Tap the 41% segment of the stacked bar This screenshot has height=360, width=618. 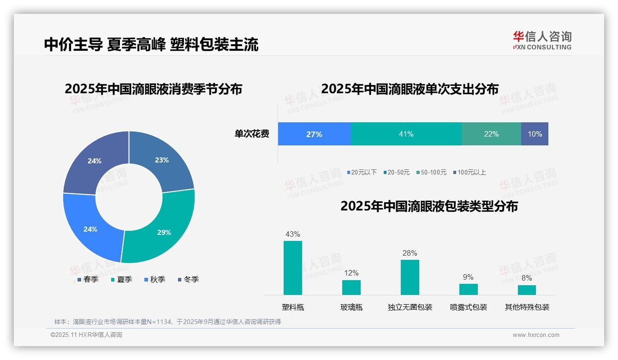(x=406, y=134)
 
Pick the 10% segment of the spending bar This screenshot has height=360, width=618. (x=535, y=134)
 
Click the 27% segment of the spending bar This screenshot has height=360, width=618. (x=314, y=134)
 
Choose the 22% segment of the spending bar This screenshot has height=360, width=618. (x=491, y=134)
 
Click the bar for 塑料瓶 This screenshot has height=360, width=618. (x=293, y=268)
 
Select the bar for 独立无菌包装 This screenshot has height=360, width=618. (x=410, y=277)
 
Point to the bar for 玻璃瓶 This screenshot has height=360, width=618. (x=351, y=287)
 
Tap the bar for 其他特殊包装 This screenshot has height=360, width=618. (x=527, y=290)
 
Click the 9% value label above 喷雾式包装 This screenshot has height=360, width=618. (x=468, y=277)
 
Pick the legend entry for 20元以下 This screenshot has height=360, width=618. (x=362, y=172)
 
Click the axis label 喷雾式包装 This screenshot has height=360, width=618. (x=468, y=307)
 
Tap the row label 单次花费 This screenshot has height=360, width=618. (x=252, y=134)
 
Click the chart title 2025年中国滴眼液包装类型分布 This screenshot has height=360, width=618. (x=429, y=206)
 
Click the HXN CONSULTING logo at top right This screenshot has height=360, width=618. (x=542, y=40)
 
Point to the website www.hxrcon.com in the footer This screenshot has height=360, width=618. (x=536, y=335)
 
